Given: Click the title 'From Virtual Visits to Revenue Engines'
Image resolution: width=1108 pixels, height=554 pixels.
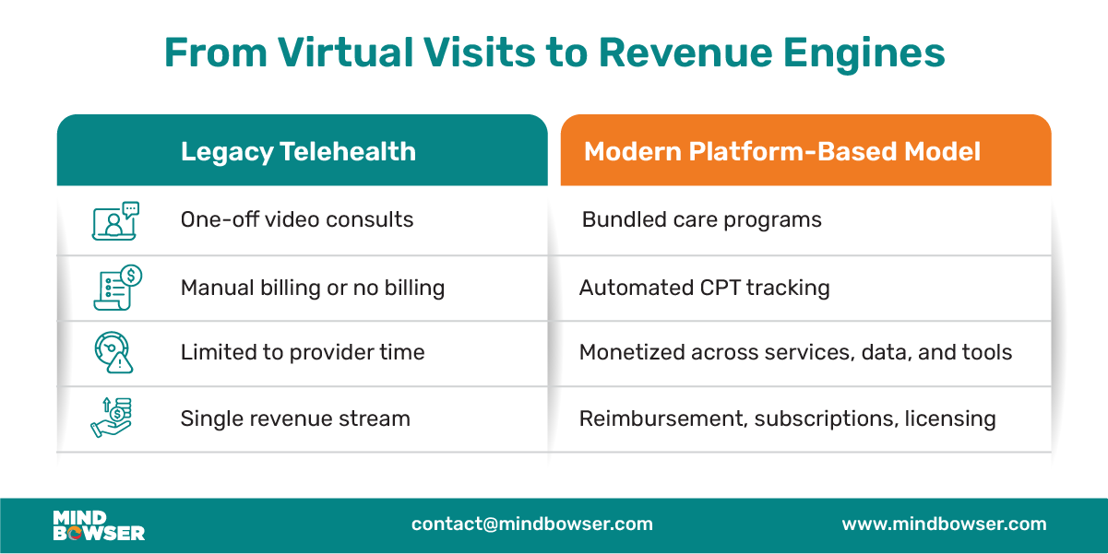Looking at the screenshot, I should pyautogui.click(x=554, y=53).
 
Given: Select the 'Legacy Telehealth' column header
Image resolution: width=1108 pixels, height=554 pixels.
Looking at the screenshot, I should pyautogui.click(x=298, y=151).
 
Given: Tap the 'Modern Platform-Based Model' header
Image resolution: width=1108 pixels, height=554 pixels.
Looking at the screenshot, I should pyautogui.click(x=782, y=151).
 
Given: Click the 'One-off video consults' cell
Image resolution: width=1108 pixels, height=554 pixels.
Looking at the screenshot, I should pyautogui.click(x=297, y=220).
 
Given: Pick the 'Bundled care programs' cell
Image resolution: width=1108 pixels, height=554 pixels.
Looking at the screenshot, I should pyautogui.click(x=701, y=220).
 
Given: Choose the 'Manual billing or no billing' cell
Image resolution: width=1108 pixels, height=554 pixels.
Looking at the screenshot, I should pyautogui.click(x=313, y=288).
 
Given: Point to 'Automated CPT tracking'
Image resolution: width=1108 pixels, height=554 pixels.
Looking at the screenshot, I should pyautogui.click(x=704, y=288).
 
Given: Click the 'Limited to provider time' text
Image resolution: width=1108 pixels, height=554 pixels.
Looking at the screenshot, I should pyautogui.click(x=303, y=352).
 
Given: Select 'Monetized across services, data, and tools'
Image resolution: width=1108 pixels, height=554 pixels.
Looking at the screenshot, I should pyautogui.click(x=795, y=352).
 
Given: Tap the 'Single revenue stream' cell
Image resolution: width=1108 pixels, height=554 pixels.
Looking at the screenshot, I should pyautogui.click(x=295, y=418).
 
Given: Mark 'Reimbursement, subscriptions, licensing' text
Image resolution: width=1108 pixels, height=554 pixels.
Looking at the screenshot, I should pyautogui.click(x=787, y=418).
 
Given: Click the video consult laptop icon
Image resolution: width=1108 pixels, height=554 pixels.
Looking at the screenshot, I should pyautogui.click(x=115, y=221).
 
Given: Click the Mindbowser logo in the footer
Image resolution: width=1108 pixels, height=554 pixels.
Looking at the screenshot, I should pyautogui.click(x=99, y=525).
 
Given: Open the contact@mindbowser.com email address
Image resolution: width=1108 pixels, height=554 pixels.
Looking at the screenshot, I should pyautogui.click(x=532, y=525).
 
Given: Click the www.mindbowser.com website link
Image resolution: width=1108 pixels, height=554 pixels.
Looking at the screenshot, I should pyautogui.click(x=944, y=525).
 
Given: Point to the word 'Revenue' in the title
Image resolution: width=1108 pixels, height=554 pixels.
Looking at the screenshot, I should pyautogui.click(x=673, y=53).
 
